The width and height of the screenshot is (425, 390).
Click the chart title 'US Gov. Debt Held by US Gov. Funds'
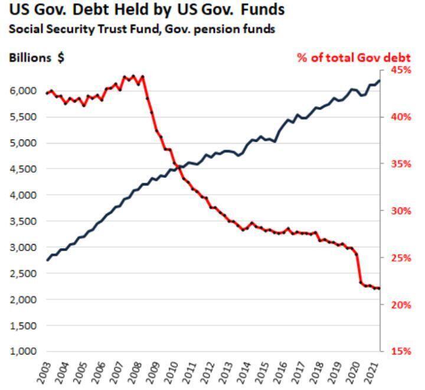[x=146, y=10]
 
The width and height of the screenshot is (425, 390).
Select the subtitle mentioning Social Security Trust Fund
[x=142, y=30]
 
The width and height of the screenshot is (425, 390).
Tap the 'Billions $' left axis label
[x=36, y=58]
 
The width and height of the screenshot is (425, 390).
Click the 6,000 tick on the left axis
[x=23, y=90]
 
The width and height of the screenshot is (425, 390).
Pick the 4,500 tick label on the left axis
[x=23, y=169]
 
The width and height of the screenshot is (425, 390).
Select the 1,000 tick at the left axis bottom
[x=23, y=352]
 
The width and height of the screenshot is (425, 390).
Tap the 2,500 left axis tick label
[x=23, y=273]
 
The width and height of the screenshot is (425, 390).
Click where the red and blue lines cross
[x=176, y=168]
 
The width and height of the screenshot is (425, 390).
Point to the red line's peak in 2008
[x=143, y=76]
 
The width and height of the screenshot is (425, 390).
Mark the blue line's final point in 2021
[x=380, y=81]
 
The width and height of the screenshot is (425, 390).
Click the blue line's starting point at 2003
[x=48, y=260]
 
